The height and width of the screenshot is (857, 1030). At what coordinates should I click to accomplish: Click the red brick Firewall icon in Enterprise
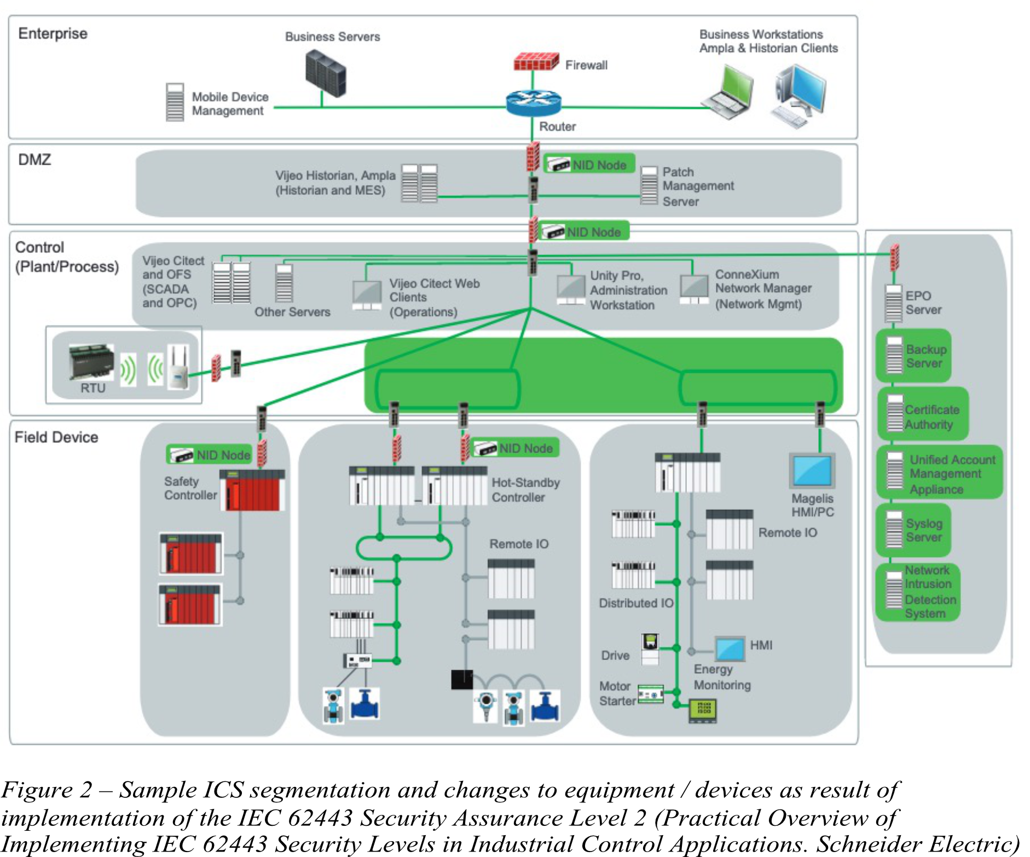(x=536, y=61)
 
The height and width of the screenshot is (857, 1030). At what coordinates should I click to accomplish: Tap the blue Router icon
(x=533, y=102)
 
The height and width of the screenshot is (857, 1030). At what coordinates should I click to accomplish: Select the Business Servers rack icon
(x=325, y=73)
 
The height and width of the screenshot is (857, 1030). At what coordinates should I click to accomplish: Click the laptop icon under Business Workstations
(x=729, y=92)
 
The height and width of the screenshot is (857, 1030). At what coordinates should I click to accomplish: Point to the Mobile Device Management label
(x=229, y=104)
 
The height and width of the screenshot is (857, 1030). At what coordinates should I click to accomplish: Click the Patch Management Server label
(x=697, y=187)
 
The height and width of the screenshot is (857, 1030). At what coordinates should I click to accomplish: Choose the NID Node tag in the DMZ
(x=589, y=164)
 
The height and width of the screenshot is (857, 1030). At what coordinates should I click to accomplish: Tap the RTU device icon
(x=91, y=362)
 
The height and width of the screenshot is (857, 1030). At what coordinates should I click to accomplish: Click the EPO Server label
(x=923, y=303)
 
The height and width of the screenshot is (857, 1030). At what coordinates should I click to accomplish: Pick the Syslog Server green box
(x=913, y=530)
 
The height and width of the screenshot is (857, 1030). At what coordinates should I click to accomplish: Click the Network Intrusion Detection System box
(x=918, y=592)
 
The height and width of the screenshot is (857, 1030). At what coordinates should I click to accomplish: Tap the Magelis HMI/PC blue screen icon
(x=812, y=470)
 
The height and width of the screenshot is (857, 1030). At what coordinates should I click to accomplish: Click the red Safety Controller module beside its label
(x=252, y=490)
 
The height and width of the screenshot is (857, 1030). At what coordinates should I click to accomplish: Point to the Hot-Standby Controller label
(x=525, y=490)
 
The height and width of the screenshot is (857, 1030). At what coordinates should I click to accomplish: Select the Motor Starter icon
(x=650, y=694)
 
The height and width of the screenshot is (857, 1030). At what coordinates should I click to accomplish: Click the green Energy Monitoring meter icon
(x=702, y=710)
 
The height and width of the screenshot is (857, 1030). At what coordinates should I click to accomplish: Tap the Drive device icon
(x=650, y=648)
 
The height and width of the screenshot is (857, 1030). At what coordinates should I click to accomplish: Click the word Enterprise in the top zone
(x=53, y=33)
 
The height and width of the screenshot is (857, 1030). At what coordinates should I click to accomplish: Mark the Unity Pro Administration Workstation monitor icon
(x=571, y=289)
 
